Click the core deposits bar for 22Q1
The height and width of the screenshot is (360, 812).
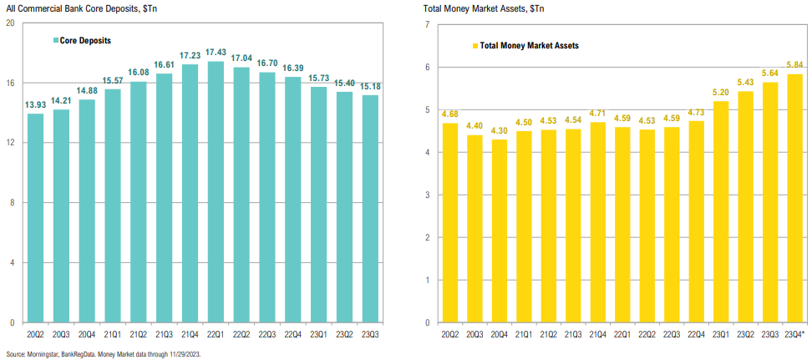(216, 192)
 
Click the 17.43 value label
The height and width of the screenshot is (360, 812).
(216, 52)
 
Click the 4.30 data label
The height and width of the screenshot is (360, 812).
(500, 129)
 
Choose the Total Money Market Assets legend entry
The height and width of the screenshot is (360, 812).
(528, 46)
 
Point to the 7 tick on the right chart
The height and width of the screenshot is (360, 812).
(427, 24)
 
